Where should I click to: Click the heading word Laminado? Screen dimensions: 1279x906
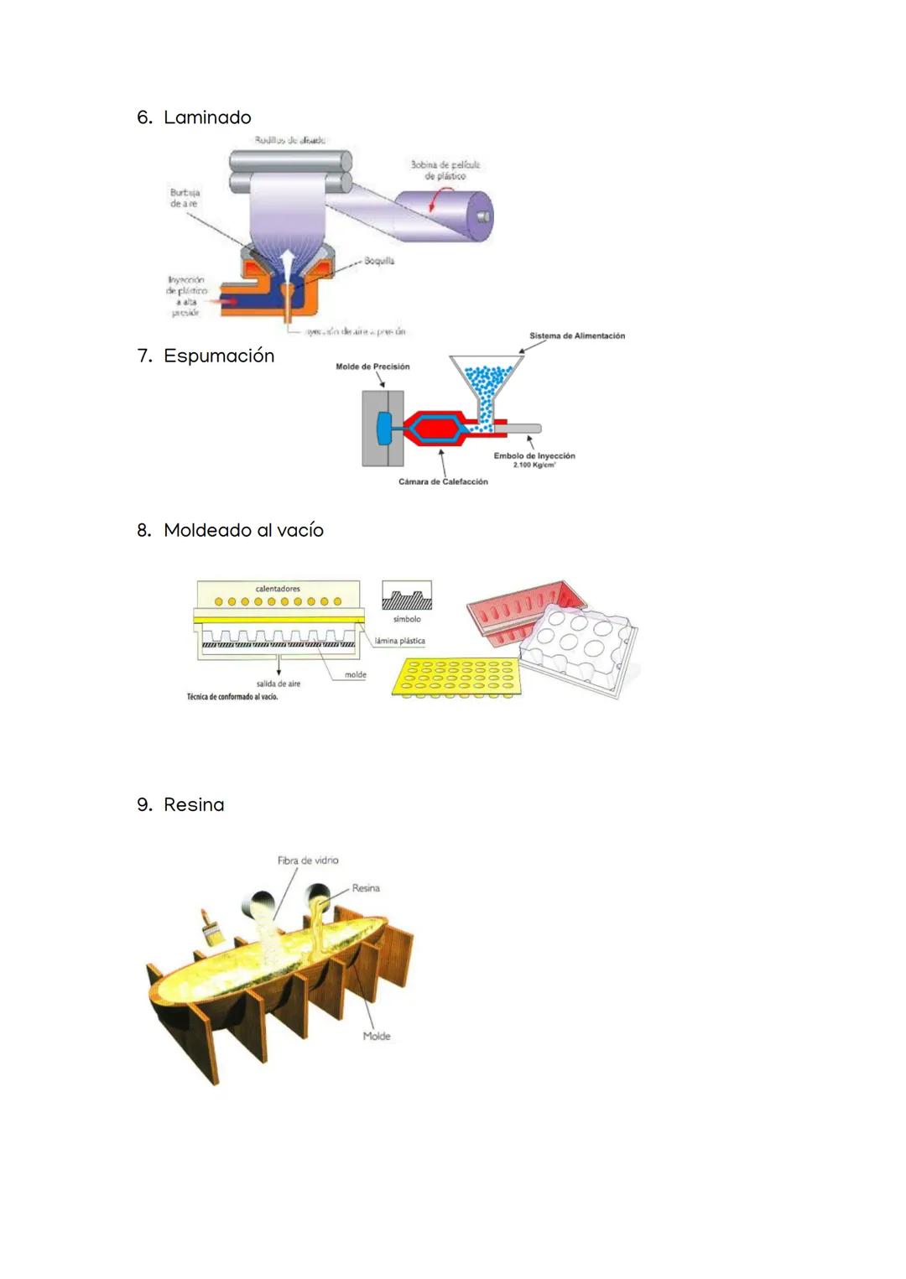pos(207,117)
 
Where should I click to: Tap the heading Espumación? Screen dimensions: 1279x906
pos(219,356)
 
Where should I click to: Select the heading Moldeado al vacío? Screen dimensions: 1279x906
pos(243,530)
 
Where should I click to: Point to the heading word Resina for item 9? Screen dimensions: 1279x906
pos(194,805)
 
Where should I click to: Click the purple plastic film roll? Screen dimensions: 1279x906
pos(444,216)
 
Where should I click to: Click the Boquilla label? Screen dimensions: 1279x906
pos(379,261)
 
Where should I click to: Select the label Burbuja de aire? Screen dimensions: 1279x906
pos(185,198)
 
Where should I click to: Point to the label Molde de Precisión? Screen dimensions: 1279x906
pos(372,367)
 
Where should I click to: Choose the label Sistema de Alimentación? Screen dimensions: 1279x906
pos(576,335)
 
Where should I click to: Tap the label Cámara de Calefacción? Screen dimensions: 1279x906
pos(443,481)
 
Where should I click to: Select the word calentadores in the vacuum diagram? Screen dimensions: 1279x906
pos(278,589)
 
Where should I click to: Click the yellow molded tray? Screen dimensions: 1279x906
pos(456,677)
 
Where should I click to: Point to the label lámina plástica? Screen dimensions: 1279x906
pos(399,641)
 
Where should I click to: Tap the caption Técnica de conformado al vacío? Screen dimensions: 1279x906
pos(232,697)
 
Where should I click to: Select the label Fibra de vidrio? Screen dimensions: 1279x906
pos(308,860)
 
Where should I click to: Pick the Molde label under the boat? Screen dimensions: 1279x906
pos(377,1036)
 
